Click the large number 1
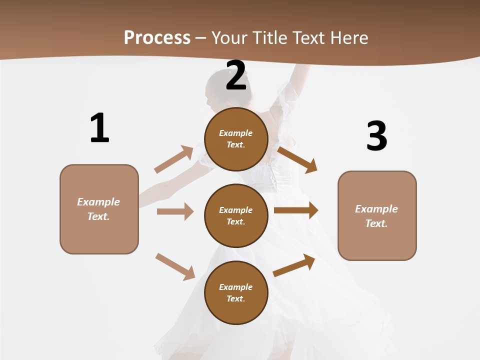99,128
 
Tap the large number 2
236,76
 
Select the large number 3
376,136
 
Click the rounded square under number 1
99,209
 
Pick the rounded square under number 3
377,215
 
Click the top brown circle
236,139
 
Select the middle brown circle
236,215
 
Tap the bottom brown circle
236,292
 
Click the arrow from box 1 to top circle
174,159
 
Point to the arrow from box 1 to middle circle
175,211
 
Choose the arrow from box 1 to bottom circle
175,266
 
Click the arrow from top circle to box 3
297,159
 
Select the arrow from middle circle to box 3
296,210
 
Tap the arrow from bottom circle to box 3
294,265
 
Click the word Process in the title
157,37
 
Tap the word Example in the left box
98,202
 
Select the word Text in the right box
376,223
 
